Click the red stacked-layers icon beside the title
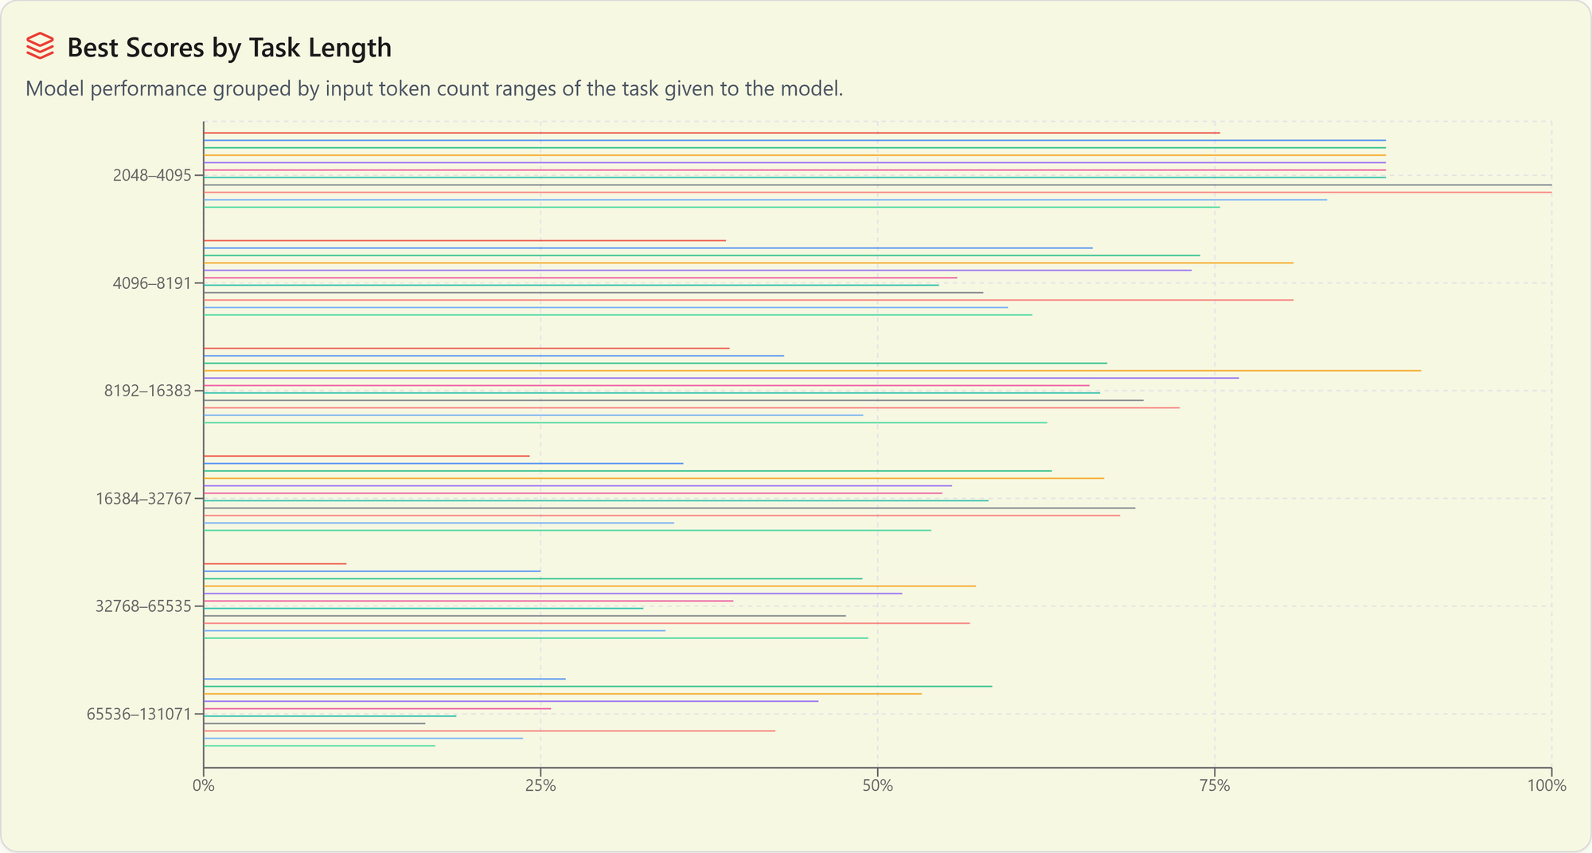(40, 46)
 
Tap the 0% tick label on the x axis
(203, 786)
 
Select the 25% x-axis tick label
(540, 786)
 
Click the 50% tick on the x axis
(877, 786)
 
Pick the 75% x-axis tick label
(1215, 786)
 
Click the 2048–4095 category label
(152, 176)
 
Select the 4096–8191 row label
(152, 283)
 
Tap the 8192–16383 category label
(148, 391)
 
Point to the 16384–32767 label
(144, 499)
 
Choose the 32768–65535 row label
(144, 606)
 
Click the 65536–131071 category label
(139, 714)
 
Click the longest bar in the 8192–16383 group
(812, 371)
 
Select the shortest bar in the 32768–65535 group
(275, 564)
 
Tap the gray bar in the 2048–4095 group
(876, 185)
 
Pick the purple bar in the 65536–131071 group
(509, 701)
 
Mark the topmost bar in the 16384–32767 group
(366, 456)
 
